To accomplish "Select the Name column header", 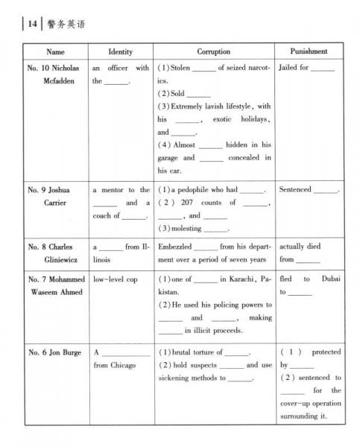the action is pos(55,52).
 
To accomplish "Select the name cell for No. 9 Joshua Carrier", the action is pos(55,196).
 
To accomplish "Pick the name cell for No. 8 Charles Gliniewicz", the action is pos(55,253).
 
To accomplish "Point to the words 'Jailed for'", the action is pos(294,68).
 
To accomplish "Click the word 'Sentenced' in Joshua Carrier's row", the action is pos(295,190).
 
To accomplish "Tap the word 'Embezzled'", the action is pos(174,246).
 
